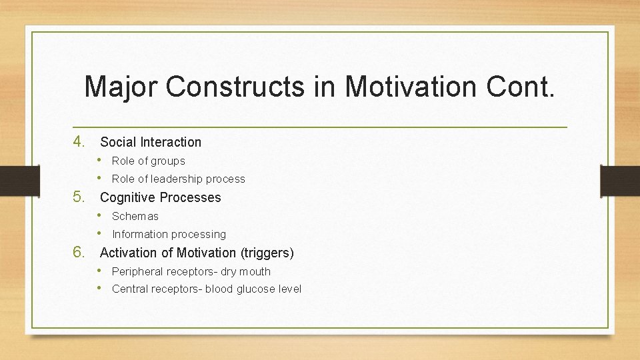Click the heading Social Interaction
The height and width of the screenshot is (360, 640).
[x=151, y=142]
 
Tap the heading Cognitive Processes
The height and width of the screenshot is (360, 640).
[x=160, y=197]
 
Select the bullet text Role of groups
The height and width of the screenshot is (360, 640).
[x=149, y=161]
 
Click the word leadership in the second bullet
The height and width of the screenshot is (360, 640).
[x=177, y=179]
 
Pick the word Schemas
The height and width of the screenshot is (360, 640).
[x=135, y=216]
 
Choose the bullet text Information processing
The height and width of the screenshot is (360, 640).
[x=169, y=234]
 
